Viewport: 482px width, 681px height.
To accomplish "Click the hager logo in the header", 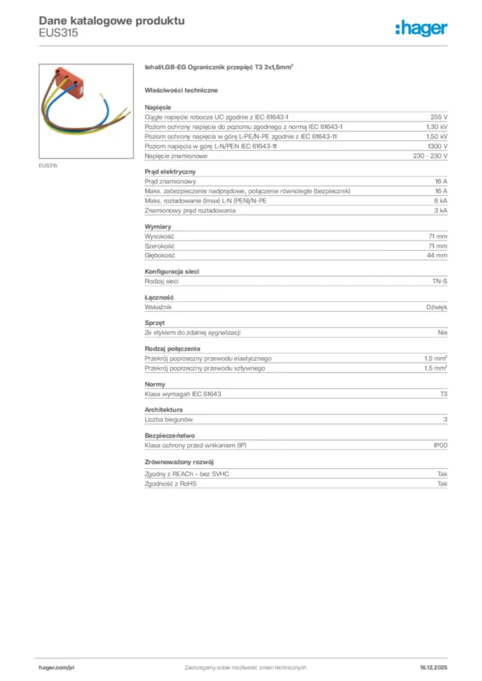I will point(421,28).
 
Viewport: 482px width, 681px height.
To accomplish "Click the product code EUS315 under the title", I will point(58,33).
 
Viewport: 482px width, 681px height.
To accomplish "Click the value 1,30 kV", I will point(437,126).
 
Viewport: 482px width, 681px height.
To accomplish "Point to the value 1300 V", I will point(437,146).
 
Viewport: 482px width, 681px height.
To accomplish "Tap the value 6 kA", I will point(441,201).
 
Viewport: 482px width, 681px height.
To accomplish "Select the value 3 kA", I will point(441,211).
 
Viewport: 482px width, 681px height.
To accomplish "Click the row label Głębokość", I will point(160,255).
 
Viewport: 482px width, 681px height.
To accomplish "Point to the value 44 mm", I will point(437,255).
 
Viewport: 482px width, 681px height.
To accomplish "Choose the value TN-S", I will point(440,282).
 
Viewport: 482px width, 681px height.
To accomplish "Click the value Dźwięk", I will point(437,307).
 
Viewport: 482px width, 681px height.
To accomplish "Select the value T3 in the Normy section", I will point(443,394).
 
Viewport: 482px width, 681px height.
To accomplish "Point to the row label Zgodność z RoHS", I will point(170,484).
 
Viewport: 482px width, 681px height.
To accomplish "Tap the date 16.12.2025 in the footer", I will point(433,667).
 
